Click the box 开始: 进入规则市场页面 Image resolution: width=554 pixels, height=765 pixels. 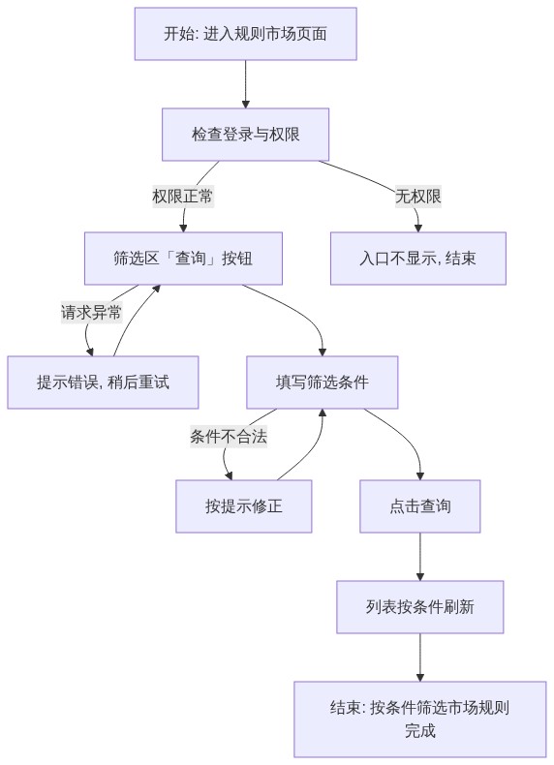click(245, 34)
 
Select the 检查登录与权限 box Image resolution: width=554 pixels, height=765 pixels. click(245, 135)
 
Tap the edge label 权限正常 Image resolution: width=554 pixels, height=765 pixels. click(183, 197)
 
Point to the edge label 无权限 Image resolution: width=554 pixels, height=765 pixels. click(418, 197)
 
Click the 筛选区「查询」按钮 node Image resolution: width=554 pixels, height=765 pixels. click(183, 259)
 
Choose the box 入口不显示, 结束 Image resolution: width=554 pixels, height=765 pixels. click(418, 259)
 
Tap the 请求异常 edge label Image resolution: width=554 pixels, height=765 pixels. click(91, 312)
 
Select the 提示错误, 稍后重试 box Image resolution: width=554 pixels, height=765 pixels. click(103, 382)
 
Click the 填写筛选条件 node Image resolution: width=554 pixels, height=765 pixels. click(323, 382)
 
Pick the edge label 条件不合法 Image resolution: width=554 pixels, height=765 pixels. click(229, 436)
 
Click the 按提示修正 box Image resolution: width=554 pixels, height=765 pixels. click(244, 505)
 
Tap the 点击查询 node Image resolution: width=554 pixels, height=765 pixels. click(420, 505)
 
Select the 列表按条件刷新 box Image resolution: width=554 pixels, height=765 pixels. click(420, 607)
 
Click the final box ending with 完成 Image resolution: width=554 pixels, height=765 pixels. click(420, 719)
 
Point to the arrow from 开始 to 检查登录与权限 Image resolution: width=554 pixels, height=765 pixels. click(245, 84)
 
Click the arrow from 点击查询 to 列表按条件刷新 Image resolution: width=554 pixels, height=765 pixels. click(420, 557)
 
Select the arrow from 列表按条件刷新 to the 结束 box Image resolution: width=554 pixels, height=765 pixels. click(420, 658)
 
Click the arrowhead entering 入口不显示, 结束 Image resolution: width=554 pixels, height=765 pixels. click(417, 229)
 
